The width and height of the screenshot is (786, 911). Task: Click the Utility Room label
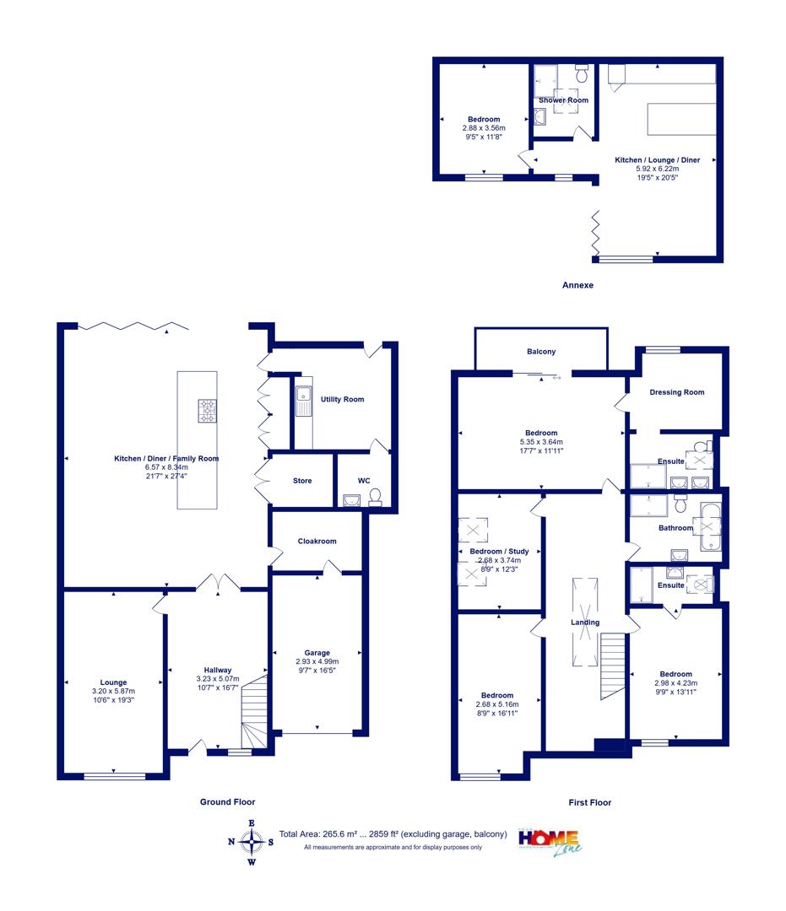(x=343, y=399)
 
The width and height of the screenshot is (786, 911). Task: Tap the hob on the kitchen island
(x=207, y=411)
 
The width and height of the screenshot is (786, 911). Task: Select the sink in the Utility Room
(x=303, y=402)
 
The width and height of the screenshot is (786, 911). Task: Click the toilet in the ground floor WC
(x=375, y=498)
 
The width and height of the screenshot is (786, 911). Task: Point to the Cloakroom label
(x=317, y=541)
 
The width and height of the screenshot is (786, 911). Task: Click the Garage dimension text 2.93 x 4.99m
(x=317, y=661)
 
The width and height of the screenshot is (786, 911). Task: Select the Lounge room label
(x=113, y=682)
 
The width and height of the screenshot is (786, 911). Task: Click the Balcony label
(x=541, y=352)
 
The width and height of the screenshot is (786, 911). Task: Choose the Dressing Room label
(x=677, y=392)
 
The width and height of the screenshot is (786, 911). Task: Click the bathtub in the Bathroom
(x=710, y=526)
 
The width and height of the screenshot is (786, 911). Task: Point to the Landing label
(x=585, y=623)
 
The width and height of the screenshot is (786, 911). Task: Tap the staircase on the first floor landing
(x=612, y=666)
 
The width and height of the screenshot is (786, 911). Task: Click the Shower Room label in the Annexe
(x=563, y=100)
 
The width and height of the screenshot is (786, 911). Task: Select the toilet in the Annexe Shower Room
(x=582, y=73)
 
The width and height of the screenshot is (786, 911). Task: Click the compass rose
(x=251, y=842)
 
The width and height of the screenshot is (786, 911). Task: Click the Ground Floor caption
(x=227, y=802)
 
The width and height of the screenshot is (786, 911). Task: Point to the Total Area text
(x=393, y=834)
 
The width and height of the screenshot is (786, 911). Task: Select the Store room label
(x=302, y=481)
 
